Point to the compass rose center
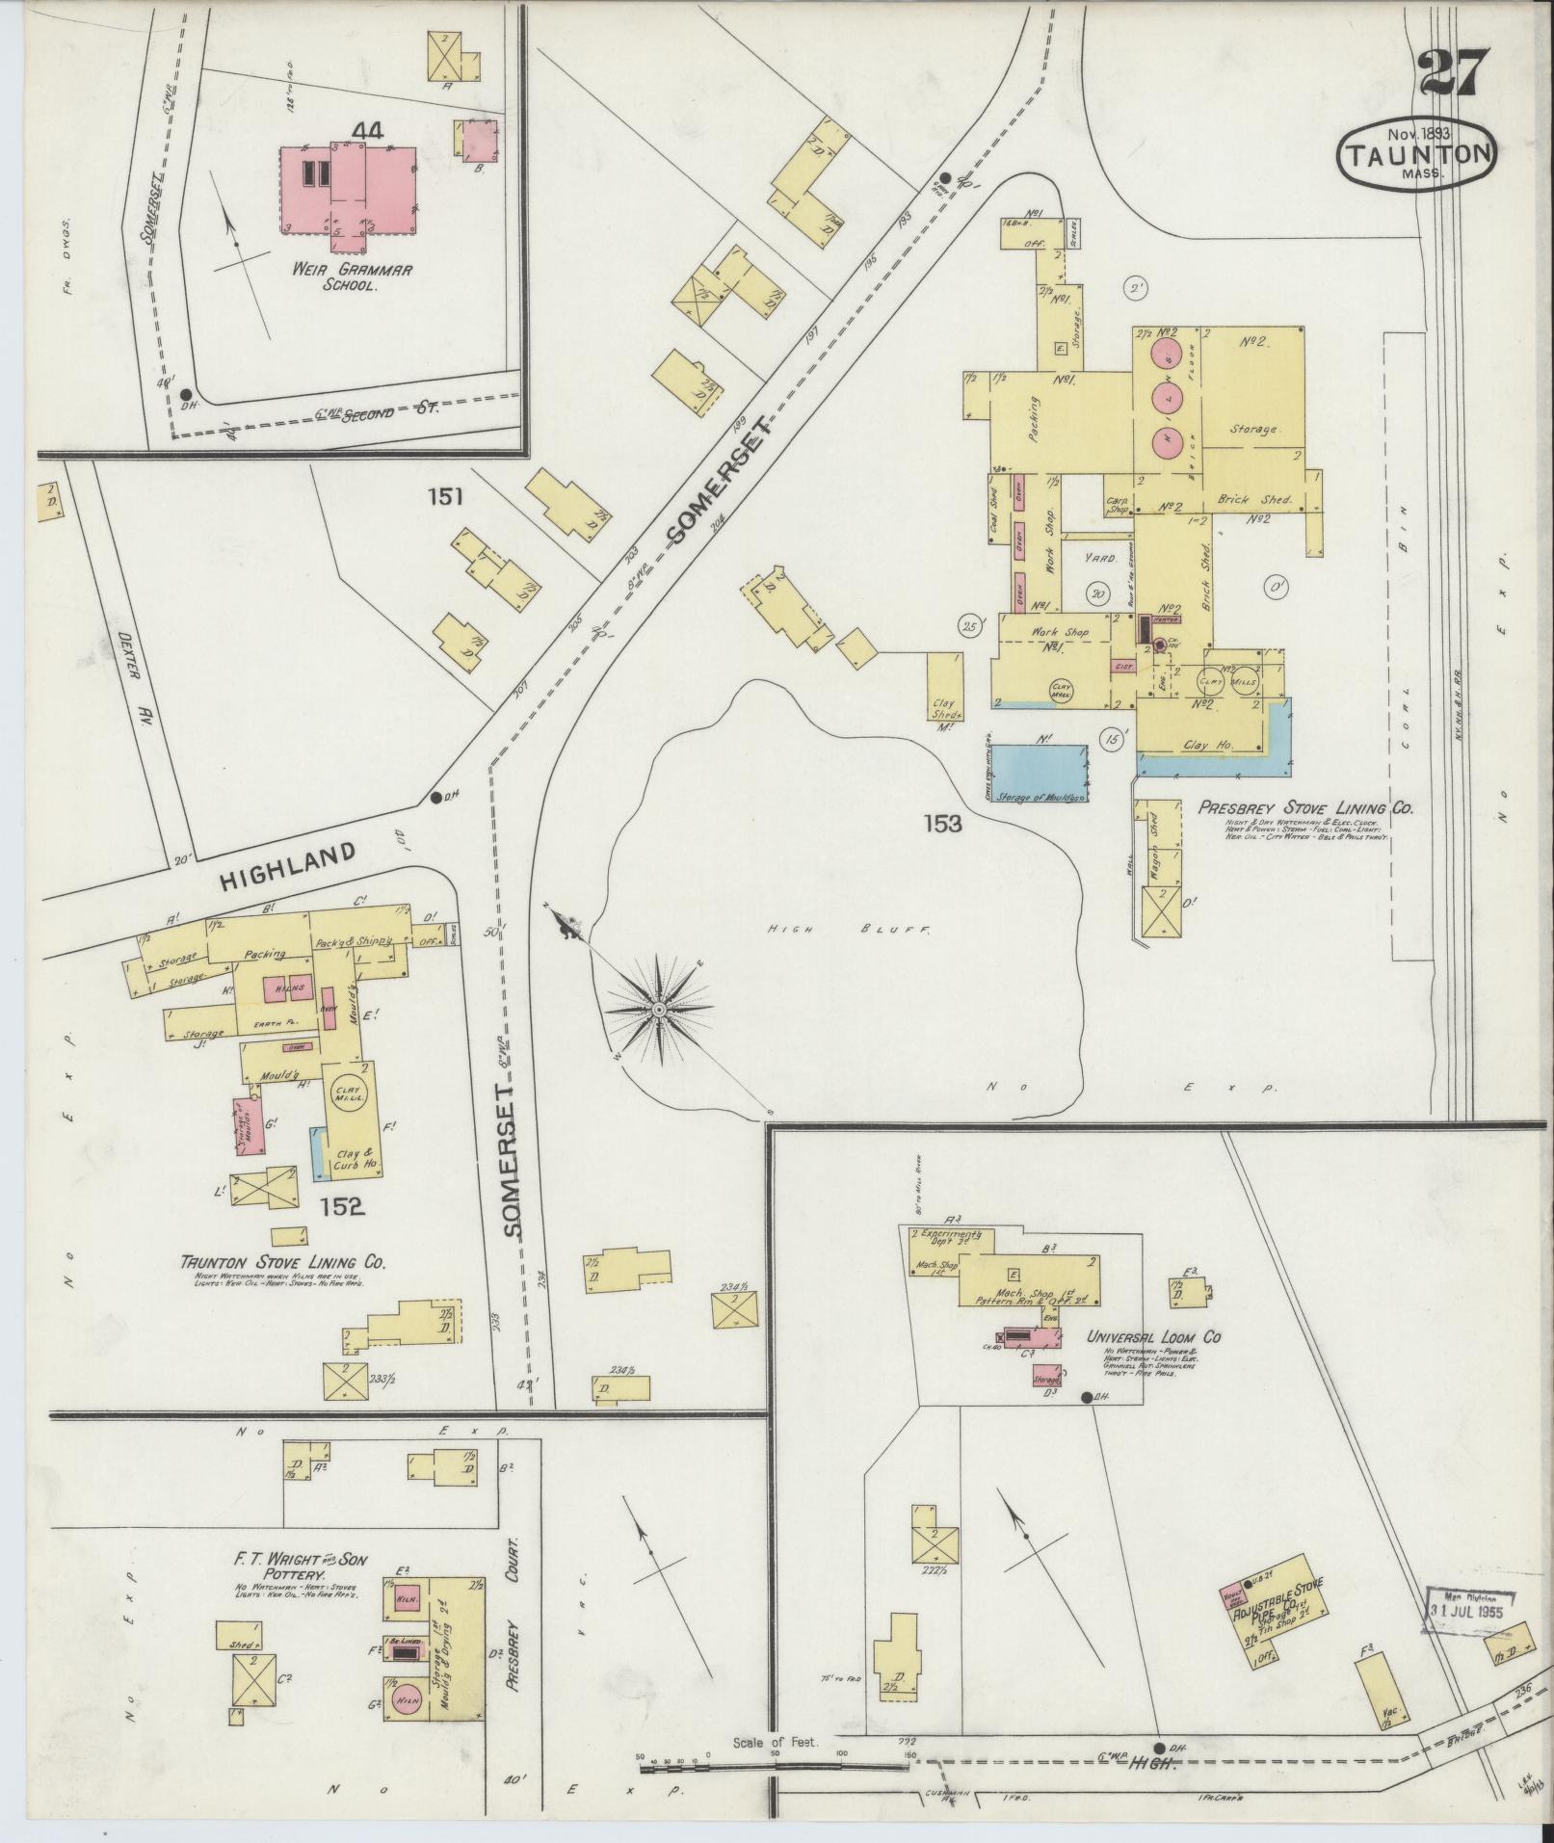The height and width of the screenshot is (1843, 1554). point(658,1009)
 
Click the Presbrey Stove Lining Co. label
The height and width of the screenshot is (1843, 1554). point(1305,809)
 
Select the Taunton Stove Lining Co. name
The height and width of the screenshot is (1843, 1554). point(277,1263)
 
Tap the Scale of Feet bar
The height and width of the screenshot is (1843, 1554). point(776,1764)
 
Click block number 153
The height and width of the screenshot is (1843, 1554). point(941,824)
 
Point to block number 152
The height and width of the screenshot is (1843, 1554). point(343,1206)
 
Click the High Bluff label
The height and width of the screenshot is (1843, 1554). point(848,930)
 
